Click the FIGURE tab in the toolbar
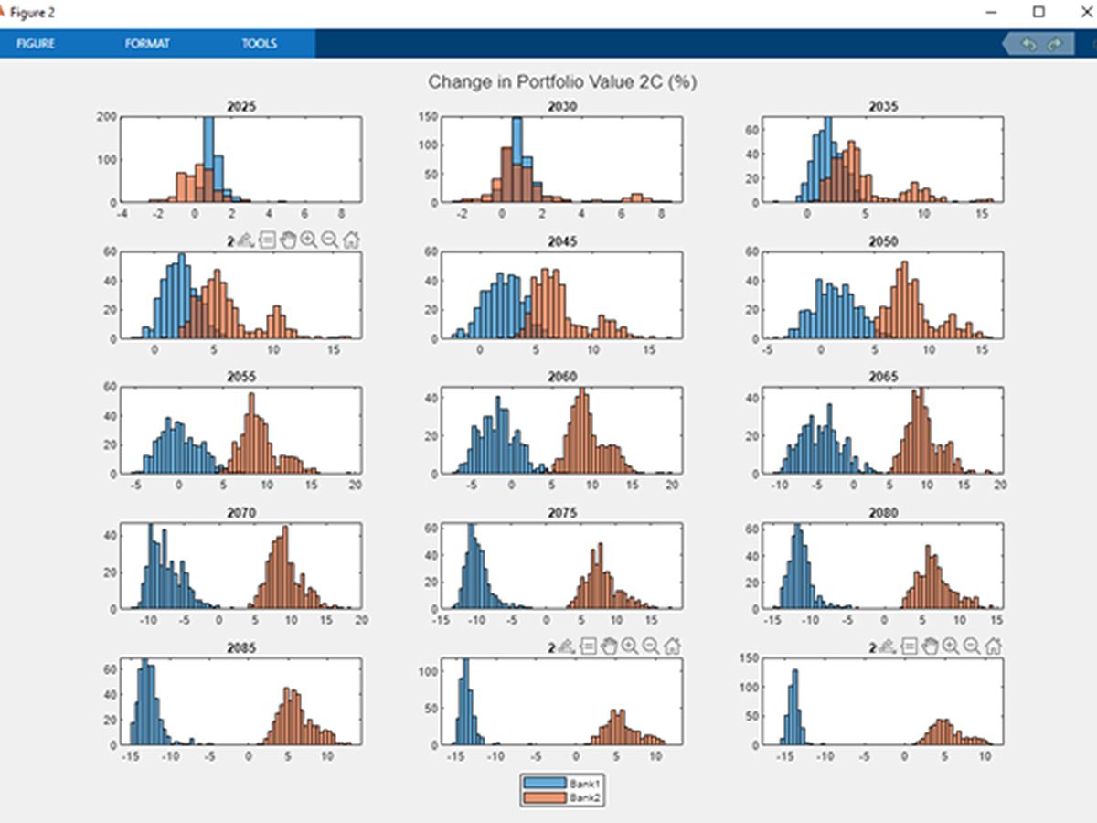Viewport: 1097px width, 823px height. point(36,43)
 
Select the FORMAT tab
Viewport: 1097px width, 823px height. point(147,43)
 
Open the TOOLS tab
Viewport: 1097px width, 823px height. point(259,43)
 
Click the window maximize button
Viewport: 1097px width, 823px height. point(1038,12)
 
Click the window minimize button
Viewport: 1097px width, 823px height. point(992,12)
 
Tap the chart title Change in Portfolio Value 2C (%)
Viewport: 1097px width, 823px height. point(562,82)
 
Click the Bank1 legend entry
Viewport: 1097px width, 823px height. point(582,784)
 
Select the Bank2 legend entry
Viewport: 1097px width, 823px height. point(582,798)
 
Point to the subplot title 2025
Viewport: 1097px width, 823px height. point(241,106)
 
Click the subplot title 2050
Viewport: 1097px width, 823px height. point(882,241)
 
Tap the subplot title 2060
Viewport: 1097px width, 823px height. point(562,376)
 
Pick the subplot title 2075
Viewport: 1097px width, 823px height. point(562,513)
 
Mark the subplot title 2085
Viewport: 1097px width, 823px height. point(241,647)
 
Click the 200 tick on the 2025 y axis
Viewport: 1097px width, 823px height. point(106,117)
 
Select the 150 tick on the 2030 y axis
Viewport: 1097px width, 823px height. point(427,117)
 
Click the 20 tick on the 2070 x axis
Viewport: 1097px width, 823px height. point(361,620)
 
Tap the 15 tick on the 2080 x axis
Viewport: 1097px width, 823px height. point(996,620)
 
